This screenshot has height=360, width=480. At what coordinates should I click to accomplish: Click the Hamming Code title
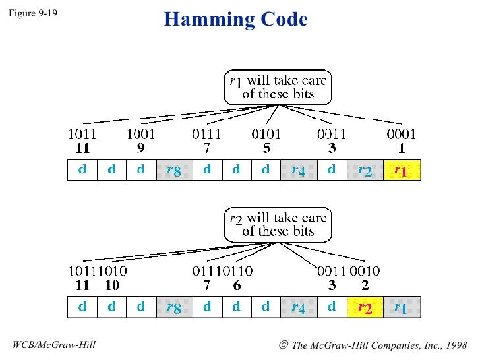pos(236,20)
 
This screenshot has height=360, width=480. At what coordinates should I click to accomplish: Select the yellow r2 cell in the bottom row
pos(365,307)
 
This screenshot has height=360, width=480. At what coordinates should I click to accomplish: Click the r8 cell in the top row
pos(173,170)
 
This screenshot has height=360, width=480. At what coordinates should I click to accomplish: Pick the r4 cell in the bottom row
pos(298,307)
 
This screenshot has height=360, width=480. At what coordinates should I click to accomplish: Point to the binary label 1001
pos(141,135)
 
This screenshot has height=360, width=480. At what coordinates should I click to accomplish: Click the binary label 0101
pos(266,135)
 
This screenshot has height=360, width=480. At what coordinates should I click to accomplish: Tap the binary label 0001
pos(402,135)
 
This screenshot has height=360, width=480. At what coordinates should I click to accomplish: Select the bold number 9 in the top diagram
pos(141,148)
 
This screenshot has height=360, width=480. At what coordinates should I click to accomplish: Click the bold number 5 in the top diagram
pos(266,148)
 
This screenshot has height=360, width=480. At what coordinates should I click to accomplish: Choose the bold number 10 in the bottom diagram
pos(112,285)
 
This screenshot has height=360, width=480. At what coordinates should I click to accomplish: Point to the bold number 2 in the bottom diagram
pos(365,285)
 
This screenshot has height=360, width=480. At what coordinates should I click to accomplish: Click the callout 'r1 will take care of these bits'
pos(277,88)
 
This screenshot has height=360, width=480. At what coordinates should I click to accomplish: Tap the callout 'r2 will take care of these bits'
pos(277,224)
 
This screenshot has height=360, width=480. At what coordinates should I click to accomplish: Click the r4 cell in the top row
pos(298,170)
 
